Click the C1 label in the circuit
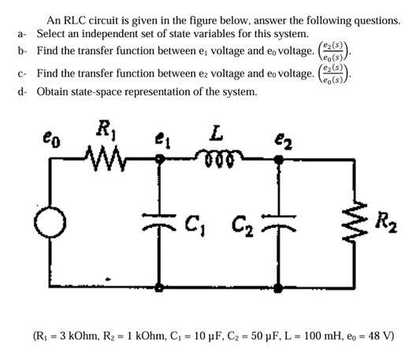pos(193,220)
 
